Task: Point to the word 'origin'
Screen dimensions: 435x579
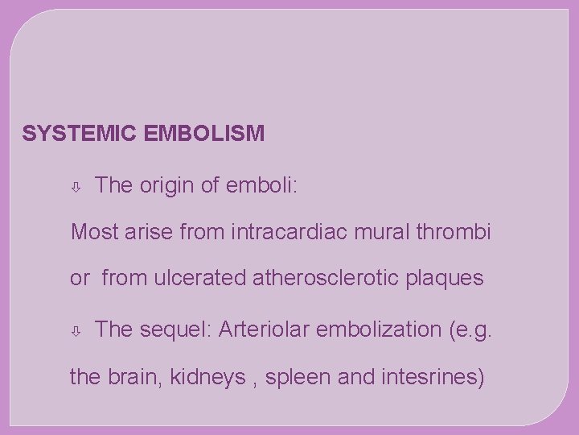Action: tap(167, 185)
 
